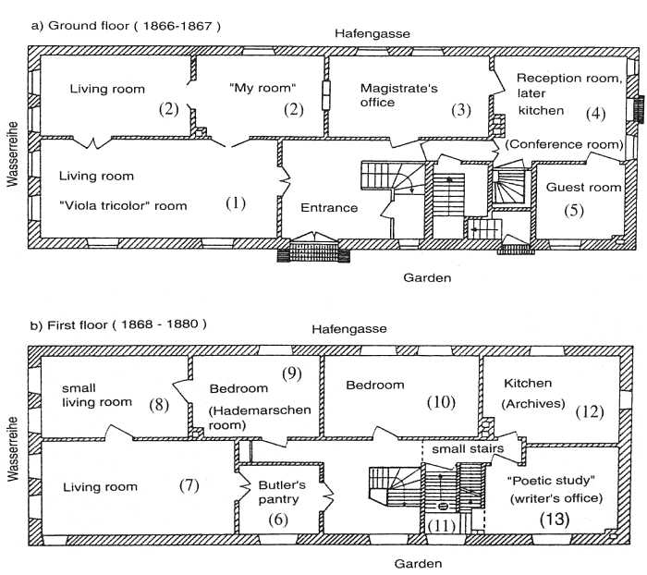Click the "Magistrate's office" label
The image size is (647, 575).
point(398,95)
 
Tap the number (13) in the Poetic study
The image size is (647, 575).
point(555,519)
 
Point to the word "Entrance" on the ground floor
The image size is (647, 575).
point(329,207)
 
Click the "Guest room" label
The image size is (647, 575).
point(583,188)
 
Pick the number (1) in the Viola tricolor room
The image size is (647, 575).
point(236,203)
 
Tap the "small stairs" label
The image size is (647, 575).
point(468,448)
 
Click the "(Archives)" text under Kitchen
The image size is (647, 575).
point(533,404)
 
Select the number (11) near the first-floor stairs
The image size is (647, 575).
point(442,525)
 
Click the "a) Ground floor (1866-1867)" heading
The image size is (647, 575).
point(126,26)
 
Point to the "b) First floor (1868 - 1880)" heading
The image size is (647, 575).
point(118,324)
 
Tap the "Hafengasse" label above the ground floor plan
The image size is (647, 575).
point(372,33)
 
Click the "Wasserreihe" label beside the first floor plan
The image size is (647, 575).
point(13,448)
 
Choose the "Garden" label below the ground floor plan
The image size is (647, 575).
point(427,277)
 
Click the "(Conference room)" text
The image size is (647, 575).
point(564,144)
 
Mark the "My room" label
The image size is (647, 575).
point(262,88)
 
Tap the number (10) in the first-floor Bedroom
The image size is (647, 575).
point(441,401)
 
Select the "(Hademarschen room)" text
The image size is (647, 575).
point(260,417)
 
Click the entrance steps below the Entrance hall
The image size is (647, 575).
point(313,252)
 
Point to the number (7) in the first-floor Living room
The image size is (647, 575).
point(189,485)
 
